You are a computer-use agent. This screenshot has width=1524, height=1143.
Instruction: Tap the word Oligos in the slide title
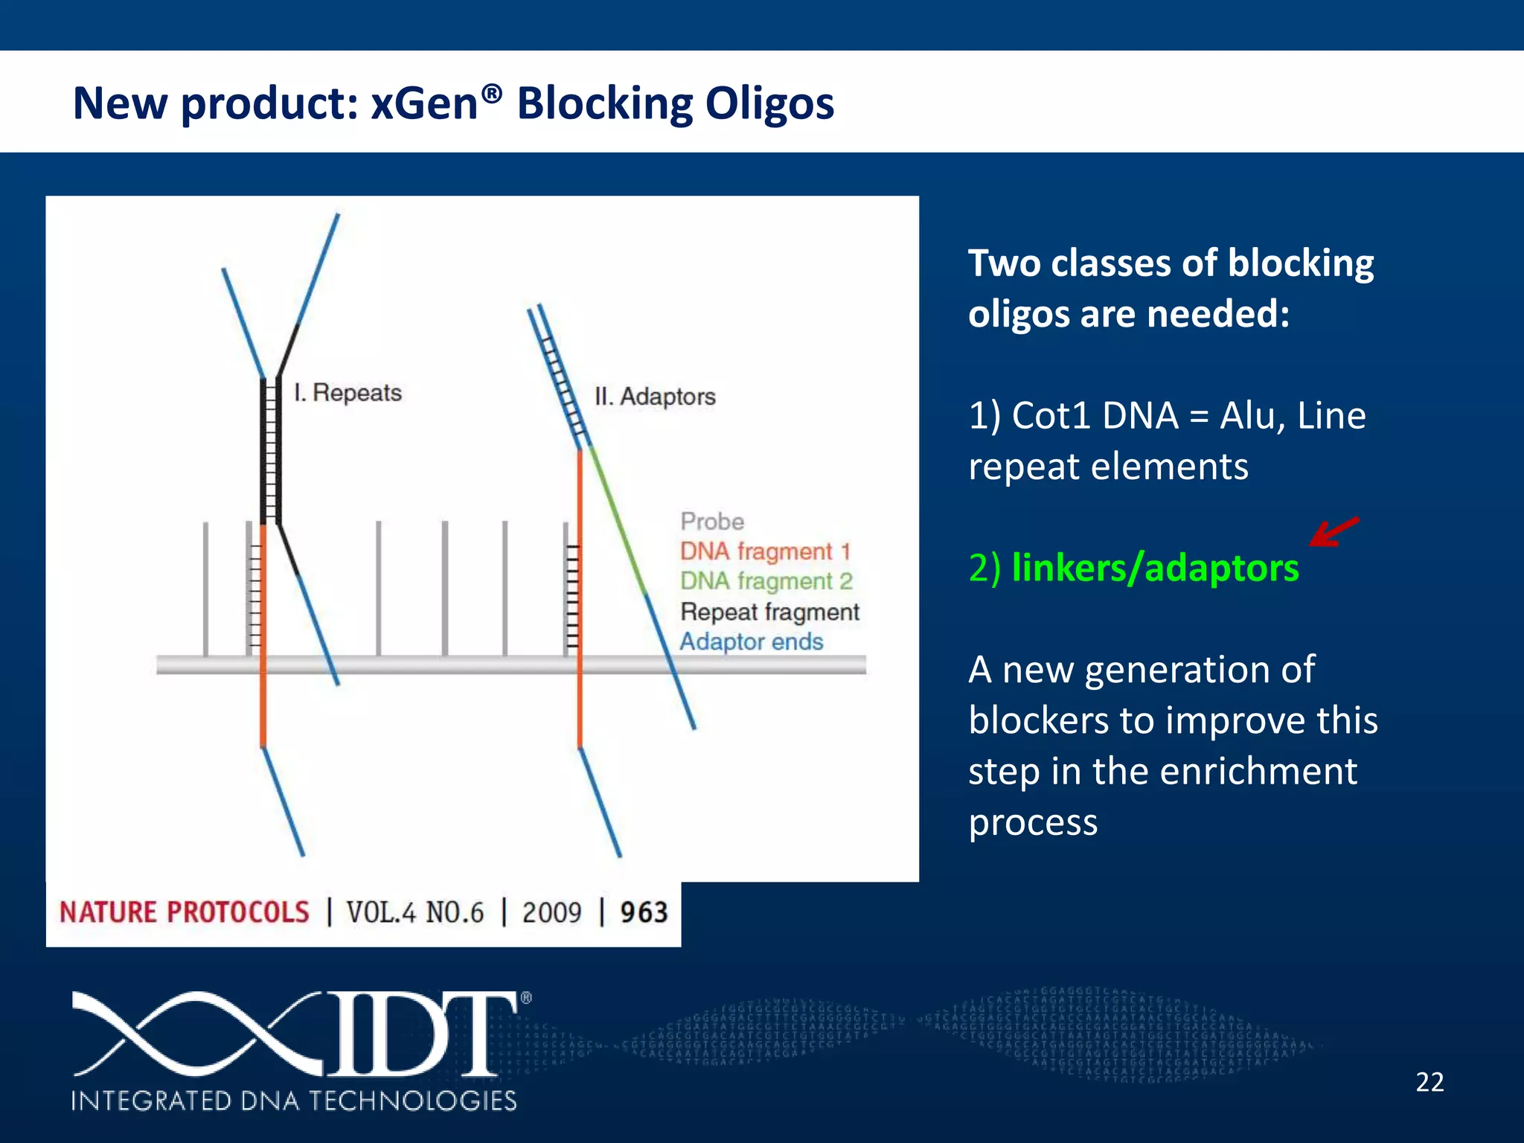(x=769, y=104)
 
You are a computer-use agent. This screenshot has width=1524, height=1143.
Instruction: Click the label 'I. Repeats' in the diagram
(x=348, y=392)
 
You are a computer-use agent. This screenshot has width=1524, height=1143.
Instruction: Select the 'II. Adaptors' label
(x=655, y=396)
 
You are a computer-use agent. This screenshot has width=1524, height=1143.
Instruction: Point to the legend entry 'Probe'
(x=711, y=521)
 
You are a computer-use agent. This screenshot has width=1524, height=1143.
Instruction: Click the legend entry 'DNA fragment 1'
(x=764, y=551)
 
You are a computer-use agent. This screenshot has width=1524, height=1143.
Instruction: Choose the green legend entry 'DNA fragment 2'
(x=766, y=581)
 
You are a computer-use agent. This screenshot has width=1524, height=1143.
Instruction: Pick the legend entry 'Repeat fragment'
(x=769, y=612)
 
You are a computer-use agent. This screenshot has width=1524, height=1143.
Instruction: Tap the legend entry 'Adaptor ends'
(x=751, y=641)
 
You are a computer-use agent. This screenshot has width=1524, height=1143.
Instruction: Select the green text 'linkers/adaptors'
(x=1155, y=568)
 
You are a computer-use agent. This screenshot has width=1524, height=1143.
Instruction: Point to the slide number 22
(x=1429, y=1081)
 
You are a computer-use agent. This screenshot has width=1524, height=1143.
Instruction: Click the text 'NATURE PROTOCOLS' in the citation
(x=184, y=912)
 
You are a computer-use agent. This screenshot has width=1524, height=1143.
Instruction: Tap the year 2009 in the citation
(x=551, y=912)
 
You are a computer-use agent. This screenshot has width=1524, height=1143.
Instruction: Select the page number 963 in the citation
(x=644, y=912)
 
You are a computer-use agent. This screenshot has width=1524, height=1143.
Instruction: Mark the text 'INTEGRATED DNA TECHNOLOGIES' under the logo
(x=294, y=1101)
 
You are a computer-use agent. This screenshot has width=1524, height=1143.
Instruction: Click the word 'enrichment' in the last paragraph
(x=1258, y=771)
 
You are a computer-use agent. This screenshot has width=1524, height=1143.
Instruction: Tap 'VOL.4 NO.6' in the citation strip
(x=414, y=912)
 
